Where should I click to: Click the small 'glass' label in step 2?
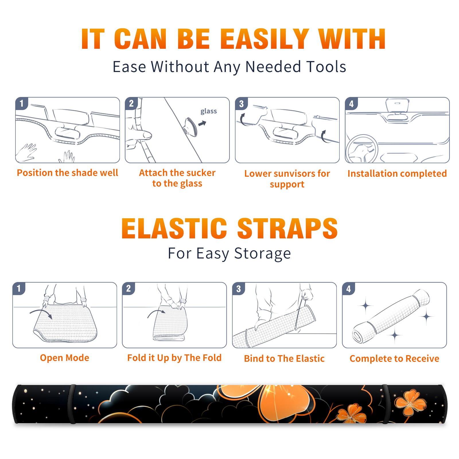tap(209, 111)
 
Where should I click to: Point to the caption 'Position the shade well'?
tap(67, 173)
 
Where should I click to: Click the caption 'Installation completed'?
tap(397, 174)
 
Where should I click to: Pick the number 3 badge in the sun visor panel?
tap(242, 104)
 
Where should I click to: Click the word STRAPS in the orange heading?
tap(287, 228)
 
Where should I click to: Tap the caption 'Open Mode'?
tap(65, 358)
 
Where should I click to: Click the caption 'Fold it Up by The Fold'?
tap(174, 358)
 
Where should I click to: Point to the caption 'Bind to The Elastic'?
tap(284, 359)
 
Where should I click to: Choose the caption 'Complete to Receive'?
tap(394, 359)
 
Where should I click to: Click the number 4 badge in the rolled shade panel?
tap(349, 289)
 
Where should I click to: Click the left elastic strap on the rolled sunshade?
tap(72, 404)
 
